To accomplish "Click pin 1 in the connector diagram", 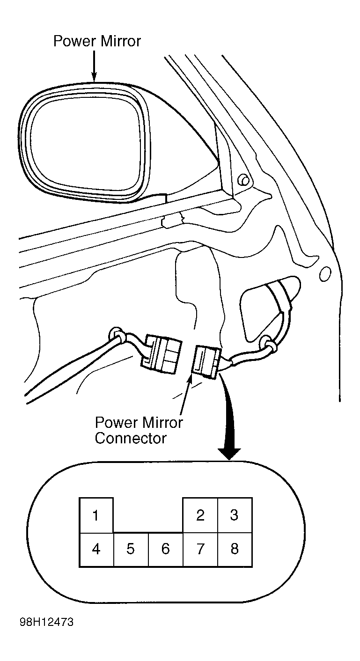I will pos(96,515).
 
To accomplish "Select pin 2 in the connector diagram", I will pos(200,515).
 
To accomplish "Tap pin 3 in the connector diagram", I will pos(235,515).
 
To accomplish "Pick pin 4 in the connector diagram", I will pos(96,549).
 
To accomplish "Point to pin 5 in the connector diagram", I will pos(131,549).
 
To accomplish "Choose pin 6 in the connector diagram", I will pos(165,549).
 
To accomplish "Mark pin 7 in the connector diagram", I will pos(200,549).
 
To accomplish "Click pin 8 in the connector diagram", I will pos(235,549).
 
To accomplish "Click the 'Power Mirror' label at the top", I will pos(97,41).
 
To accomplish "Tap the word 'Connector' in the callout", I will pos(131,438).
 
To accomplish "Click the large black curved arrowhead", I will pos(229,452).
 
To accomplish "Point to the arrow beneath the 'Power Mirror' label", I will pos(94,67).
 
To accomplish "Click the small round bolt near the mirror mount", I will pos(243,180).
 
